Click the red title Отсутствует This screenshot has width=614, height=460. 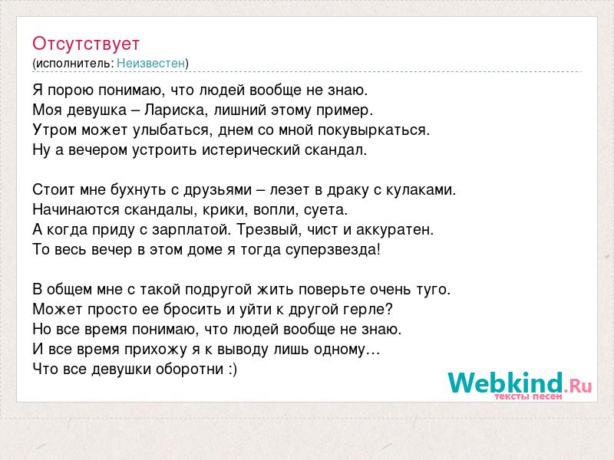(86, 44)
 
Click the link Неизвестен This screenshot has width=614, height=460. (150, 63)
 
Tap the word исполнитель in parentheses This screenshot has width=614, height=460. (74, 64)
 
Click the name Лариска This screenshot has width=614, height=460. (174, 110)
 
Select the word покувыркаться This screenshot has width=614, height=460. (374, 130)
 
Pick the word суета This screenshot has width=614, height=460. (325, 210)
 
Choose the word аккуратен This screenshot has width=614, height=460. (394, 230)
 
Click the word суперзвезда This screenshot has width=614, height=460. (332, 250)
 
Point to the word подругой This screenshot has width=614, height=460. (218, 290)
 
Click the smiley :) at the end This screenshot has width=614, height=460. (233, 370)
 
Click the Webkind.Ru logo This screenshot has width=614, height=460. (520, 383)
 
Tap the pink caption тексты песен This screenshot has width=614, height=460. (528, 396)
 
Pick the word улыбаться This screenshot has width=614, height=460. (170, 130)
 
